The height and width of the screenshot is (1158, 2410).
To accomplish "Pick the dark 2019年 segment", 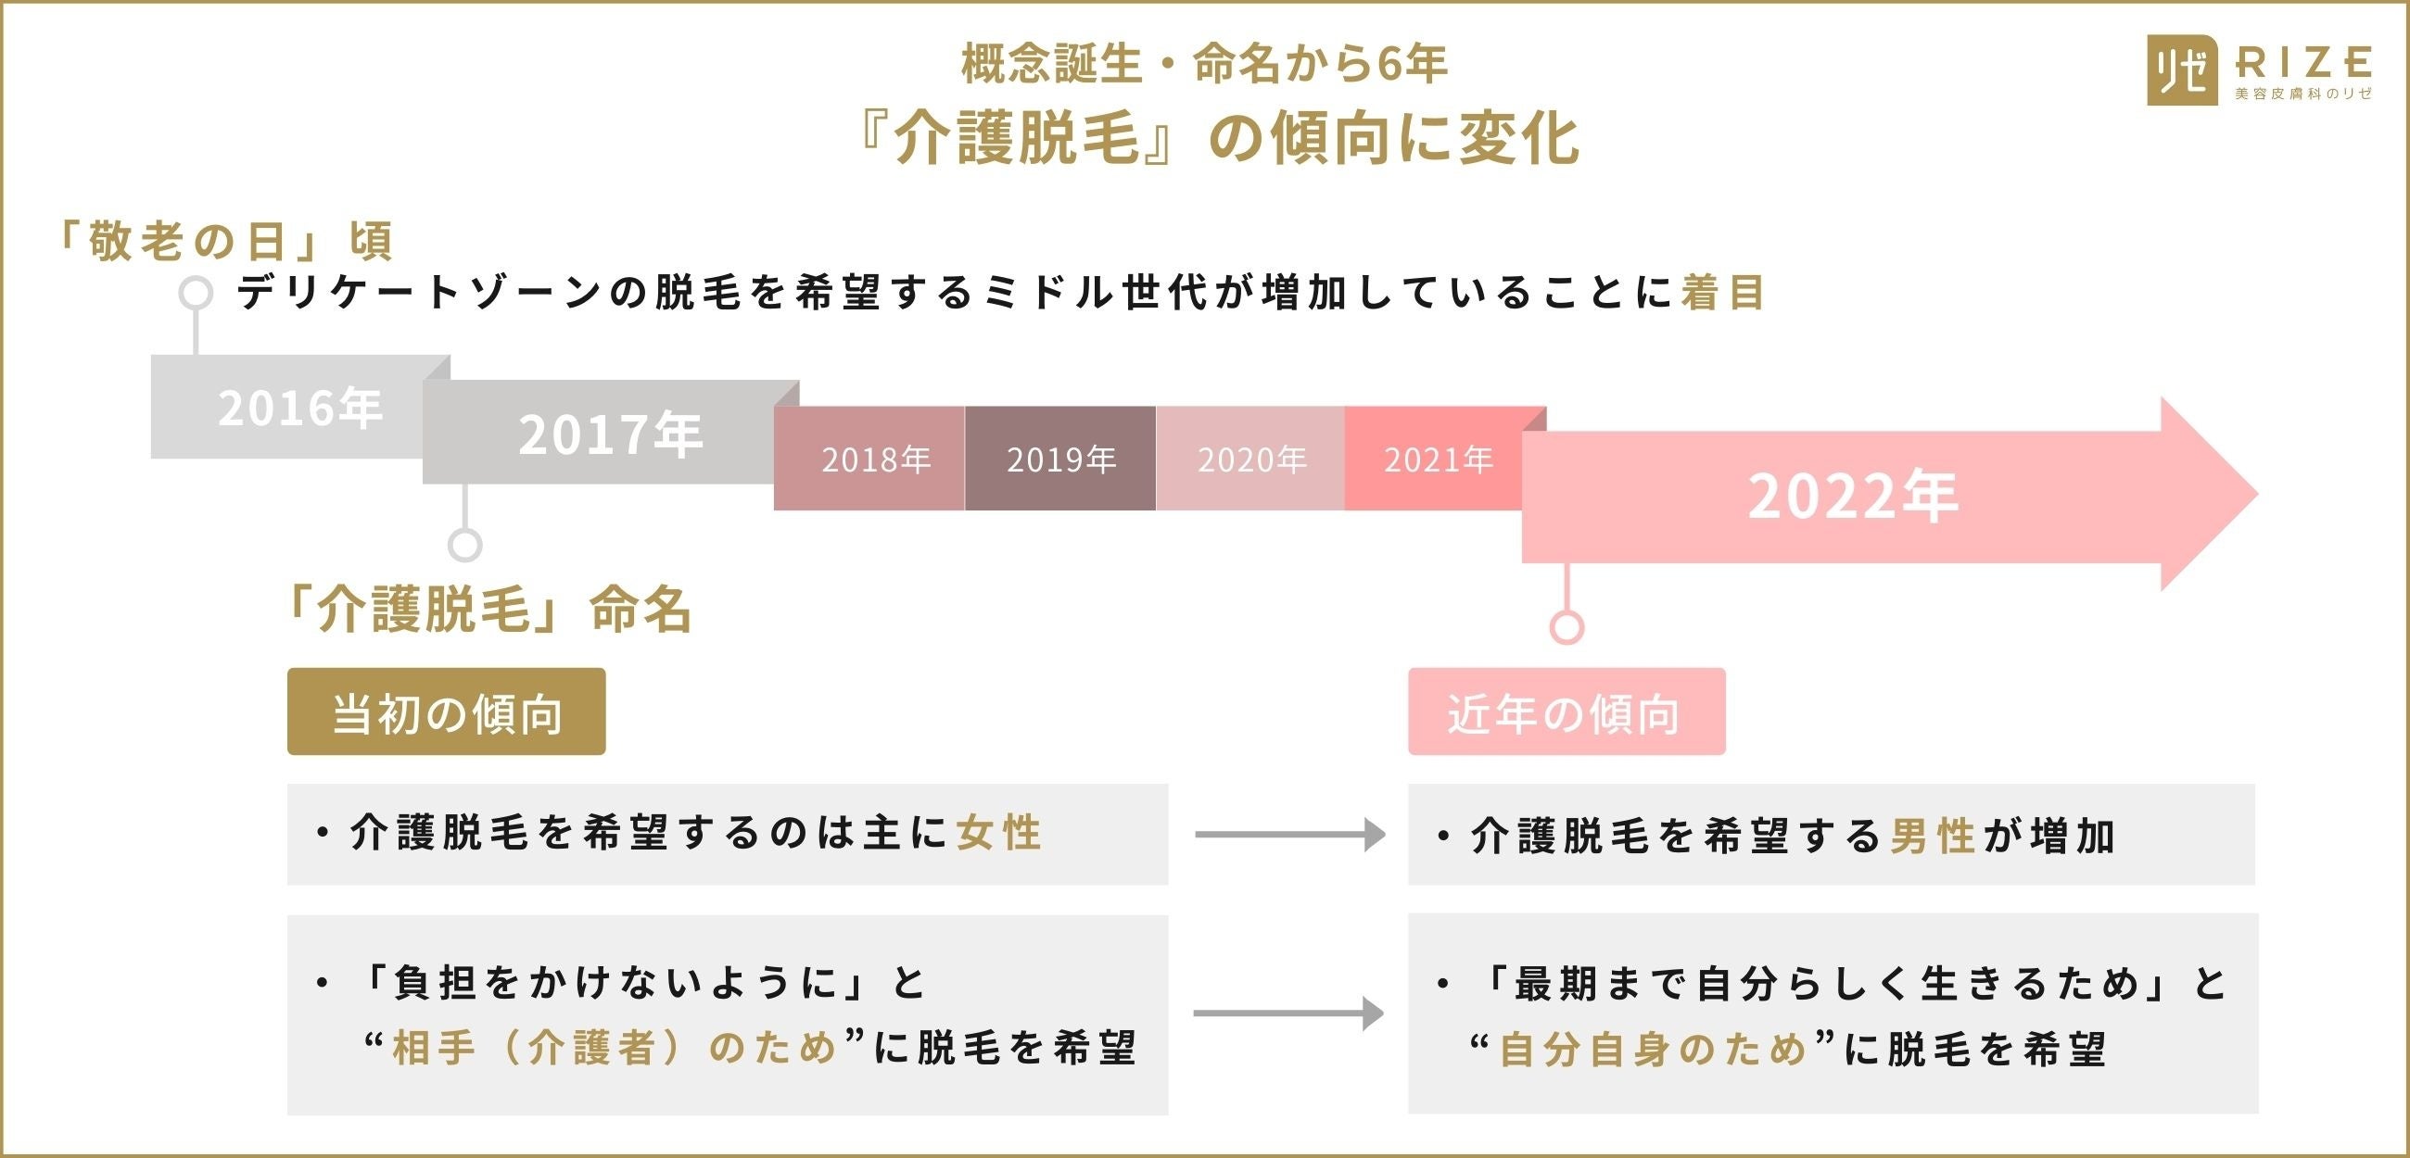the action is [x=1061, y=459].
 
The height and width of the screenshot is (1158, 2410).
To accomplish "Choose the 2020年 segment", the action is [x=1250, y=459].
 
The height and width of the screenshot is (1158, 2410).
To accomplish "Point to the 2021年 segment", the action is [x=1437, y=459].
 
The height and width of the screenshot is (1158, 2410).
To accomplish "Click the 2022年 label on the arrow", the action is [x=1851, y=496].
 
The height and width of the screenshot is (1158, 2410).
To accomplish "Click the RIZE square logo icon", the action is [x=2182, y=70].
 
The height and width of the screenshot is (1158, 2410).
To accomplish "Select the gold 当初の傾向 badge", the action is [x=446, y=712].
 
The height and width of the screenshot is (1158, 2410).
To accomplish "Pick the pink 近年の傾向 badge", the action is [x=1566, y=712].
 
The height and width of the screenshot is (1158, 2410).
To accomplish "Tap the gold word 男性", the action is [x=1932, y=836].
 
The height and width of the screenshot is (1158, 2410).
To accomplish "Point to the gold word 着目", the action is [x=1722, y=293].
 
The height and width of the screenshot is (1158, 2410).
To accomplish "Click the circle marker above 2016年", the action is [x=196, y=293].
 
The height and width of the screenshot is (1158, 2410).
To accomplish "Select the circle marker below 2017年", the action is [x=465, y=545].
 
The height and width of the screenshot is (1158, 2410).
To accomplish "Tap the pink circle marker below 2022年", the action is [x=1567, y=626].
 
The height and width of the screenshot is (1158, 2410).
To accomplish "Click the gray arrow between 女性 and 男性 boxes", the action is [x=1289, y=835].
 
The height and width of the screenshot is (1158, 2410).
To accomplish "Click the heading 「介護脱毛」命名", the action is [x=488, y=610].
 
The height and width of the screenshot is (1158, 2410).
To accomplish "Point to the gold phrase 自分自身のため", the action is [x=1651, y=1050].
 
